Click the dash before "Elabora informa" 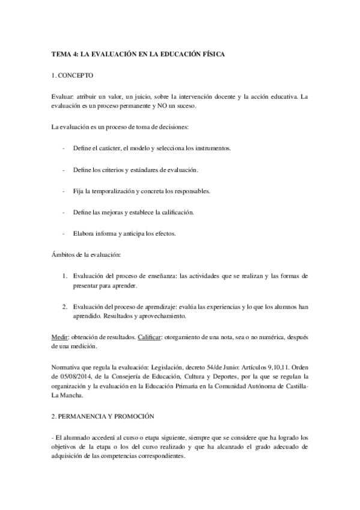tap(64, 234)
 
